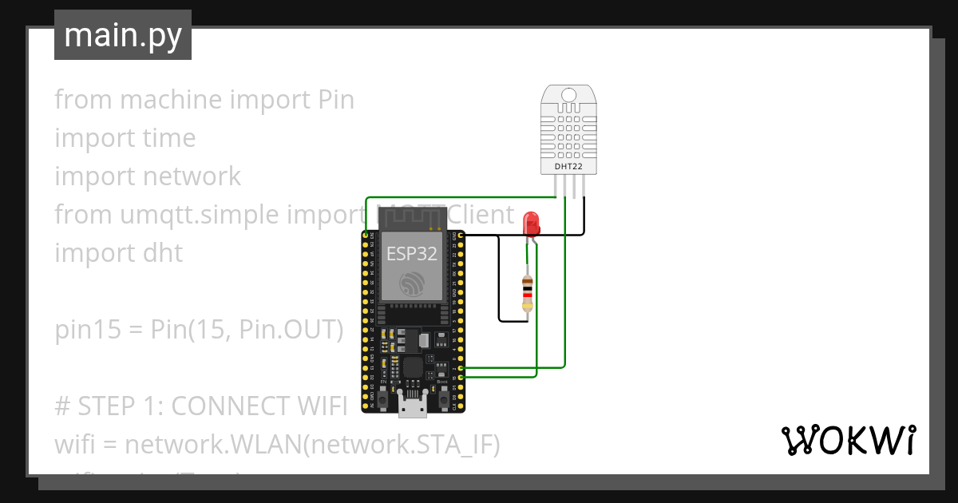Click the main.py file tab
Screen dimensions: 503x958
(x=122, y=35)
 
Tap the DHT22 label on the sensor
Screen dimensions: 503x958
(x=568, y=167)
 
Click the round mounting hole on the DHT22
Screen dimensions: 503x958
(x=568, y=96)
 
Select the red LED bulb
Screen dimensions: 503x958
(x=530, y=224)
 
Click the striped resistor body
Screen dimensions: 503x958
(x=527, y=293)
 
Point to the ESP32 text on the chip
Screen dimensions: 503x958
(x=412, y=253)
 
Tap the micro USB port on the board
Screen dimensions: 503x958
(x=412, y=408)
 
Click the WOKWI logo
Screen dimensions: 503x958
(x=847, y=441)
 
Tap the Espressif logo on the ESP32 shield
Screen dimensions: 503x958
(x=412, y=283)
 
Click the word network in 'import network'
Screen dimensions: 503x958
(x=192, y=176)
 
